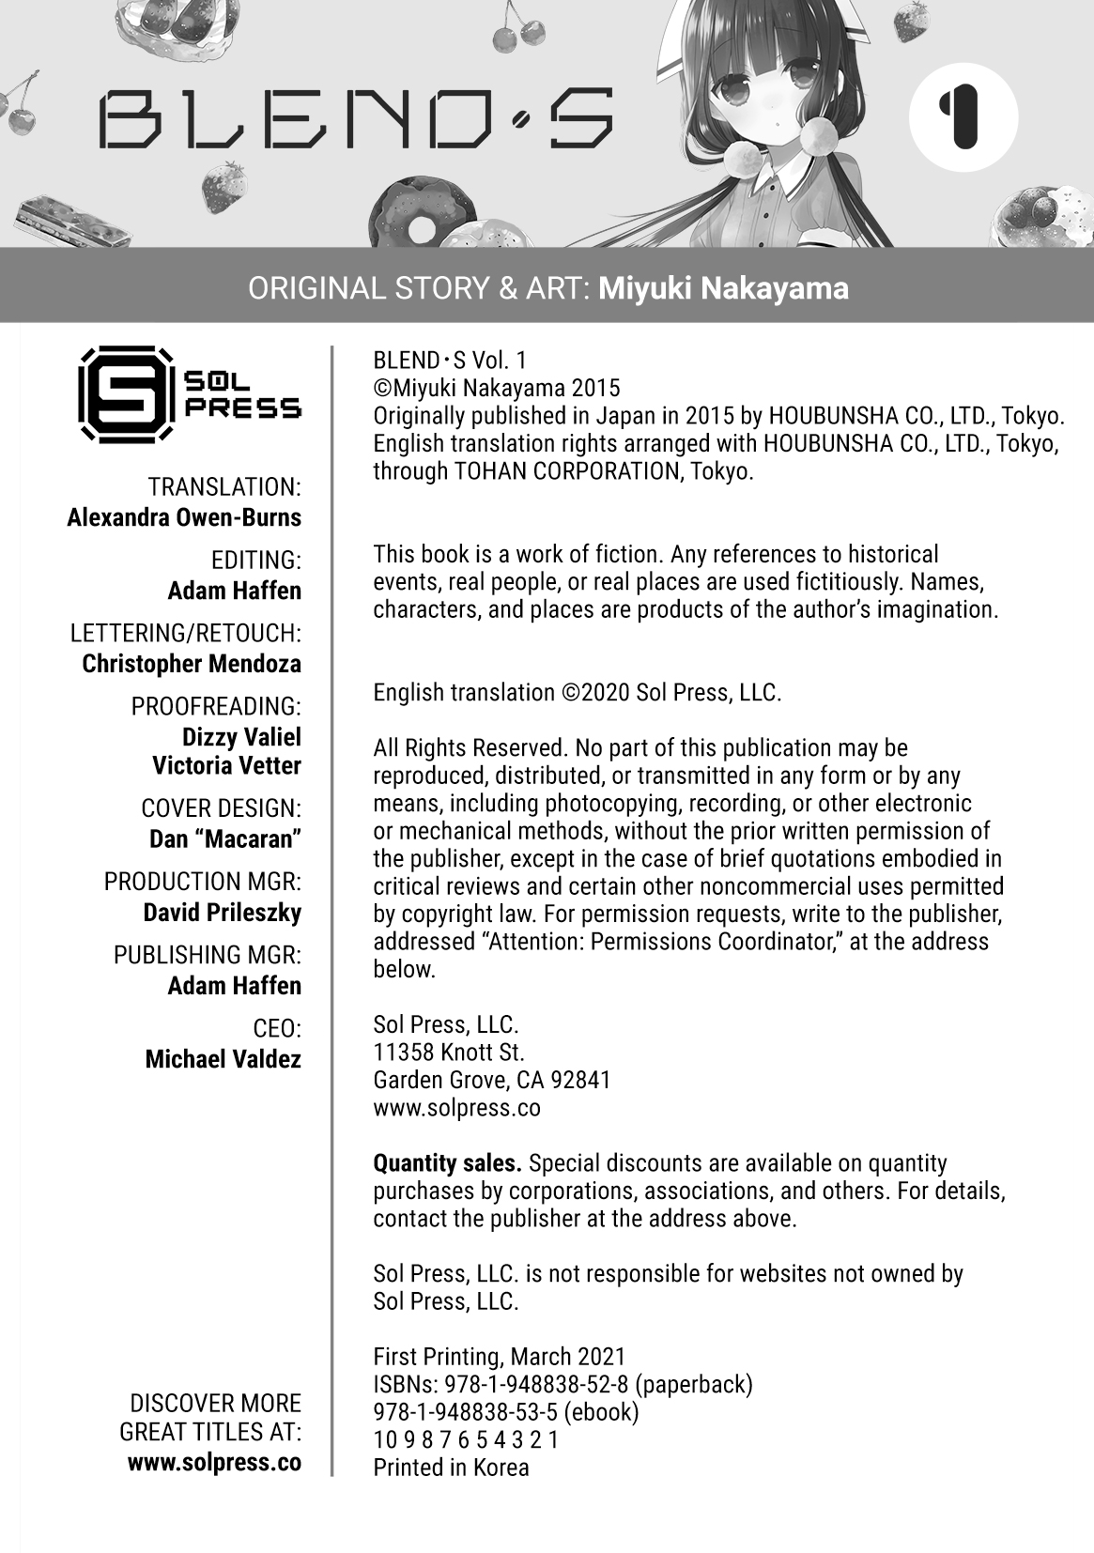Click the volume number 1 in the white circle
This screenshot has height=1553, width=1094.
click(x=963, y=117)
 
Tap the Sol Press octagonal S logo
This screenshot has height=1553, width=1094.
click(x=126, y=393)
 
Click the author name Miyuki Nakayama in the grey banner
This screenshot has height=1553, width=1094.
click(x=723, y=288)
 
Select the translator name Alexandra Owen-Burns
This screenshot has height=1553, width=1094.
click(x=184, y=517)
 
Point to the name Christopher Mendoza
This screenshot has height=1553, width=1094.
click(x=192, y=664)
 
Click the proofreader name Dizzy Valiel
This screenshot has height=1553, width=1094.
click(x=241, y=736)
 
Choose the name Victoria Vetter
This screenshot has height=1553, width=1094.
click(x=226, y=766)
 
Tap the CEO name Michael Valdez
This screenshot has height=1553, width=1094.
click(x=223, y=1059)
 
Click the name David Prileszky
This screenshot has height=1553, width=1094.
click(x=222, y=913)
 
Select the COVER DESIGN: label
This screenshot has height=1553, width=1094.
click(x=221, y=808)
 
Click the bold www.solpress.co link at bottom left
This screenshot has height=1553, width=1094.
click(x=214, y=1463)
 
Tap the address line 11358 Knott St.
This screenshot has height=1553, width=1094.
click(x=448, y=1053)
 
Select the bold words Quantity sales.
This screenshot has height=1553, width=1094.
click(x=447, y=1163)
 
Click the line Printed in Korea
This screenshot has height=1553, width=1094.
click(x=451, y=1468)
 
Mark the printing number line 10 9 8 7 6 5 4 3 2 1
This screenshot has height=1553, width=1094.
click(x=466, y=1439)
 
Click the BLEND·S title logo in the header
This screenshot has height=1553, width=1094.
click(x=356, y=119)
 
